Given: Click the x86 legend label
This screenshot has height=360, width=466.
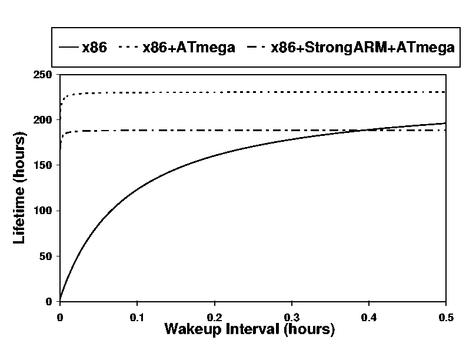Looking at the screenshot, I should coord(94,48).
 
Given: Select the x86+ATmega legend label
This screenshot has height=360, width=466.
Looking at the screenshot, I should coord(189,48).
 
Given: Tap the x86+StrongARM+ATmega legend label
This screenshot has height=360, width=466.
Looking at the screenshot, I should coord(362,48).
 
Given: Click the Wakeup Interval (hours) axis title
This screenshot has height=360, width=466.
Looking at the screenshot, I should coord(249,329).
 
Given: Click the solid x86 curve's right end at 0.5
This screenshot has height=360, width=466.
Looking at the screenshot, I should coord(445,124).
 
